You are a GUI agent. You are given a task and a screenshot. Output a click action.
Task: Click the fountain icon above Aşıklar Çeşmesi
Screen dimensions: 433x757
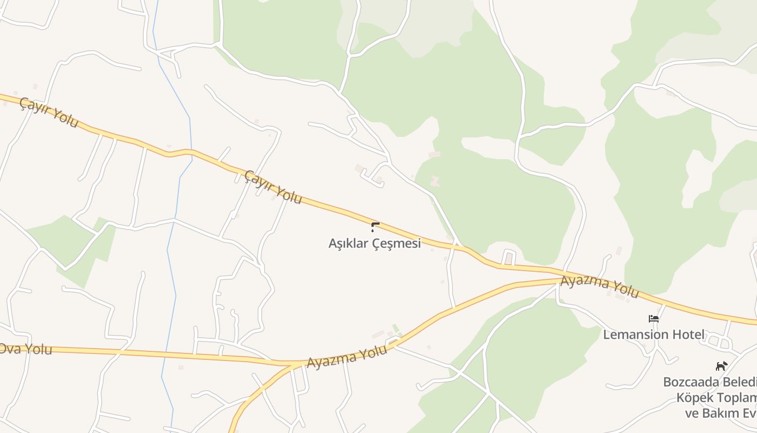(375, 227)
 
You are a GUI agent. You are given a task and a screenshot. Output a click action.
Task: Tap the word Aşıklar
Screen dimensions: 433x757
(349, 244)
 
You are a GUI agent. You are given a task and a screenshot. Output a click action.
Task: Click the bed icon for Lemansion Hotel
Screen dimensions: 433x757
(654, 319)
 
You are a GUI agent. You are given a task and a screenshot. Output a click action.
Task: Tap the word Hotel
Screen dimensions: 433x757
(688, 334)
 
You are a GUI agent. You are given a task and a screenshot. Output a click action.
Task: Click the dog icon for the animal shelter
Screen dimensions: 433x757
(721, 366)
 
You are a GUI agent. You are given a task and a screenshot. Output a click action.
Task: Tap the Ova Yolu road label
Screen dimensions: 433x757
(26, 349)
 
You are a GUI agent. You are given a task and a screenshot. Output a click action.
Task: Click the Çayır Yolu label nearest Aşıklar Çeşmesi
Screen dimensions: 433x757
(273, 187)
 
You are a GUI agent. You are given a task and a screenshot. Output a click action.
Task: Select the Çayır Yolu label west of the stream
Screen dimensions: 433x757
(49, 112)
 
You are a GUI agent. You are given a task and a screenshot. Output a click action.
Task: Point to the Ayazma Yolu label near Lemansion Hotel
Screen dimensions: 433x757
(600, 287)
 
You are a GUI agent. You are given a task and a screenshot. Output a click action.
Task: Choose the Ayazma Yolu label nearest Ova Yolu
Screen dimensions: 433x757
(347, 357)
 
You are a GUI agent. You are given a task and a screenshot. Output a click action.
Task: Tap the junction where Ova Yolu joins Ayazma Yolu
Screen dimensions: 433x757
(295, 363)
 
